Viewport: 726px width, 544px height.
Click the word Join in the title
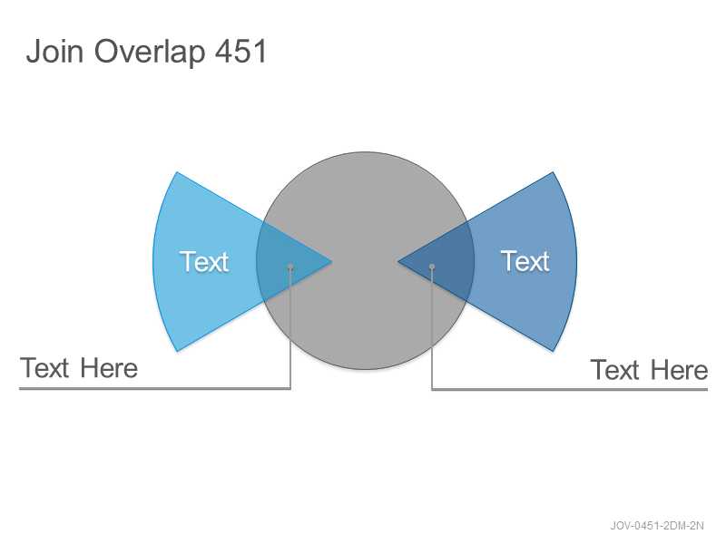click(x=54, y=51)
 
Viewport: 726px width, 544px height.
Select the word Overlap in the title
click(x=150, y=53)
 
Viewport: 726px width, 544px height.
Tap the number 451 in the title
click(x=241, y=51)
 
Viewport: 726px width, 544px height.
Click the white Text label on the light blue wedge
click(x=204, y=261)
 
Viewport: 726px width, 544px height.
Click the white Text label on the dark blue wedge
click(x=525, y=261)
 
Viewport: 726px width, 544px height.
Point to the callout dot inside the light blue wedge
click(x=290, y=267)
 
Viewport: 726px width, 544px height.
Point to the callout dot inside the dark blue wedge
click(x=432, y=267)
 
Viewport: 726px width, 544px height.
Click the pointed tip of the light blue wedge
click(x=331, y=261)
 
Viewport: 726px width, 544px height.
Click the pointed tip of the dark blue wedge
click(x=397, y=261)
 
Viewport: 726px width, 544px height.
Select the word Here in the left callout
click(x=109, y=369)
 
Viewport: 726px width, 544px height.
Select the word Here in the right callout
click(x=679, y=370)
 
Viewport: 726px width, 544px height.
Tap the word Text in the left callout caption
click(x=44, y=369)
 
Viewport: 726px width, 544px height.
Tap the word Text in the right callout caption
click(x=615, y=370)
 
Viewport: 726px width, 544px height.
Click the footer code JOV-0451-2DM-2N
click(x=657, y=526)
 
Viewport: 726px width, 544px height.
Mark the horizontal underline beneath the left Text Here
click(x=154, y=389)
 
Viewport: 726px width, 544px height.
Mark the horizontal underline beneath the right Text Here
click(x=570, y=390)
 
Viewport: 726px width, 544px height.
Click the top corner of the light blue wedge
click(x=177, y=172)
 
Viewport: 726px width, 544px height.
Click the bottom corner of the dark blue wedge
click(x=553, y=351)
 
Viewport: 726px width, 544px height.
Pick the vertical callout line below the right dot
click(x=432, y=329)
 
